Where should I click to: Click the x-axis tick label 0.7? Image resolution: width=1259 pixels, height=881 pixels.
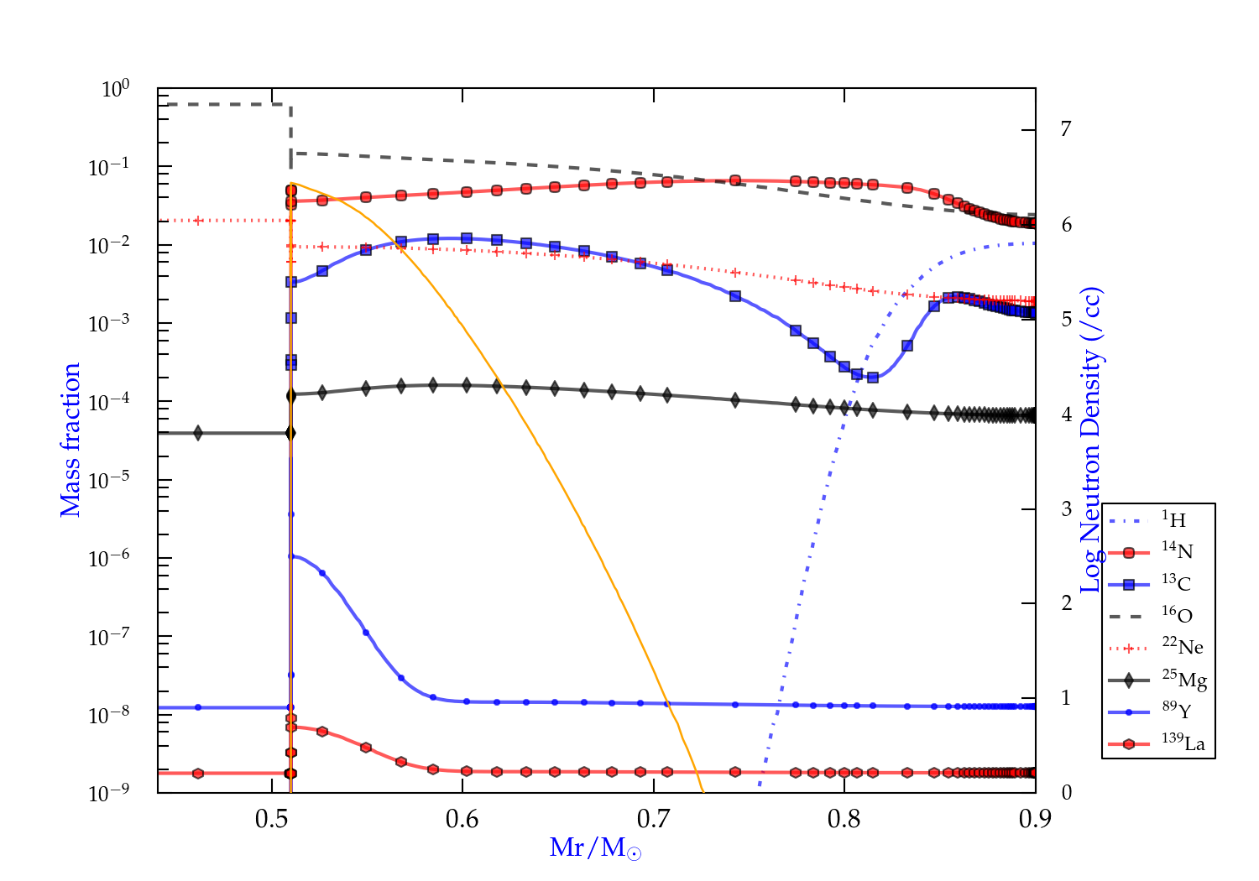(653, 819)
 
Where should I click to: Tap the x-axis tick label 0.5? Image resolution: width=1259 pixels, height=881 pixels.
(272, 819)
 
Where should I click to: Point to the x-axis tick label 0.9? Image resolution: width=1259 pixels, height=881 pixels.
(1034, 819)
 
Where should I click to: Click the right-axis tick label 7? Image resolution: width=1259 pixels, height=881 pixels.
(1066, 129)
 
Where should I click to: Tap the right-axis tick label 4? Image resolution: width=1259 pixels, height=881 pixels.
(1066, 414)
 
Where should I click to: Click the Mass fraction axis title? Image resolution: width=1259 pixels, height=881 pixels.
(71, 440)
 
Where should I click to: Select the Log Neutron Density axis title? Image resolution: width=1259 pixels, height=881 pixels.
(1091, 440)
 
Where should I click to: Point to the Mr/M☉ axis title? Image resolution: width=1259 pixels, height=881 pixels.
(596, 848)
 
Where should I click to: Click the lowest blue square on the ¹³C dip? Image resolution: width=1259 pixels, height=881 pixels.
(873, 378)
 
